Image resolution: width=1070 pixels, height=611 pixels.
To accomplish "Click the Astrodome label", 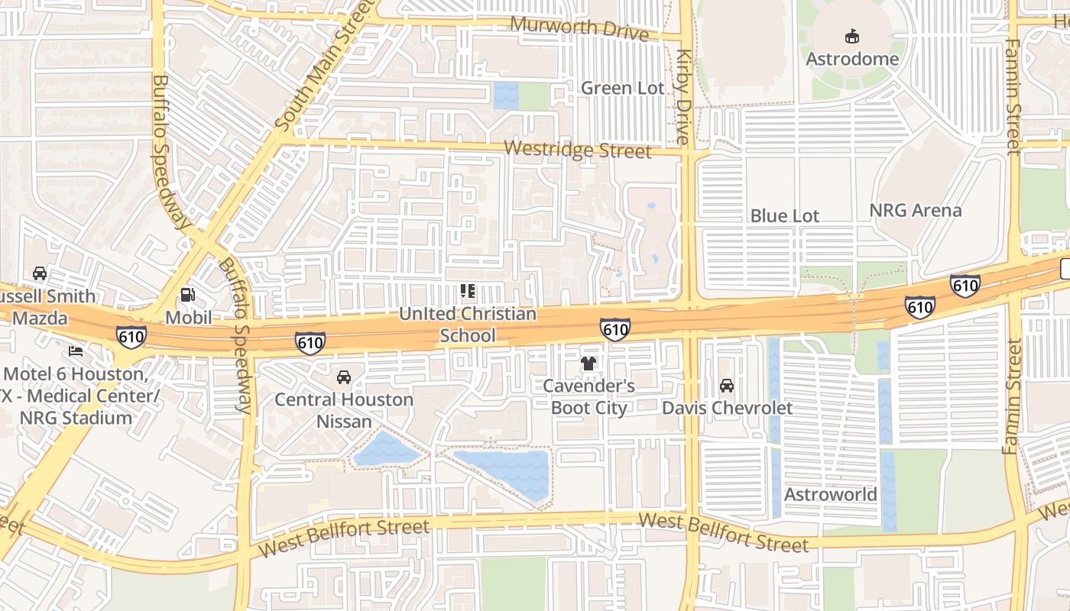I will click(x=851, y=59).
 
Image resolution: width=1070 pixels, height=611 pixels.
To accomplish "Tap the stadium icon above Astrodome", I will click(x=851, y=36).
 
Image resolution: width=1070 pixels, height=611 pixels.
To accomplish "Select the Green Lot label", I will click(x=623, y=88).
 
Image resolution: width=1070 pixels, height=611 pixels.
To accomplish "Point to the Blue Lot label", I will click(x=784, y=216).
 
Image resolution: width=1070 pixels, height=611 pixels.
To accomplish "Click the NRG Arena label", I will click(x=916, y=210).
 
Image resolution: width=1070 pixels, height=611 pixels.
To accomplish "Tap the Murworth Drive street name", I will click(x=579, y=27).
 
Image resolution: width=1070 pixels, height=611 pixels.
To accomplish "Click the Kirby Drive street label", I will click(x=683, y=97).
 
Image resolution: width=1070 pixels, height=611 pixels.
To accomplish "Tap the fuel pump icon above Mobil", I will click(x=187, y=294).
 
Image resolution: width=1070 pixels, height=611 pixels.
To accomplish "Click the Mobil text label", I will click(x=188, y=316).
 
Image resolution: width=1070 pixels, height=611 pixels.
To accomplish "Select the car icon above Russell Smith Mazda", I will click(x=40, y=273).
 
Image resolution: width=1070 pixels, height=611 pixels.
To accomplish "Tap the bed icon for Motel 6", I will click(x=76, y=351).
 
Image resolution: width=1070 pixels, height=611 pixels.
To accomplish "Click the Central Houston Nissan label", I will click(x=344, y=410).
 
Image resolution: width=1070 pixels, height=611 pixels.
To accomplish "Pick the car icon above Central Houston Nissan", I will click(x=344, y=377).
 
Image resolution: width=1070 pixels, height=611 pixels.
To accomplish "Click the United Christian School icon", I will click(x=468, y=291).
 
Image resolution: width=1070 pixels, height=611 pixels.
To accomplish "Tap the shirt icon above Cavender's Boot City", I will click(x=588, y=364).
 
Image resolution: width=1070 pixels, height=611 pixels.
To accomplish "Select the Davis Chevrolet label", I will click(x=727, y=408).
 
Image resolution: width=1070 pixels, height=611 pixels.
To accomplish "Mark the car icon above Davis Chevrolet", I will click(x=727, y=386).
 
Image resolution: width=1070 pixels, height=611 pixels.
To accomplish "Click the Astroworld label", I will click(x=831, y=494).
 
